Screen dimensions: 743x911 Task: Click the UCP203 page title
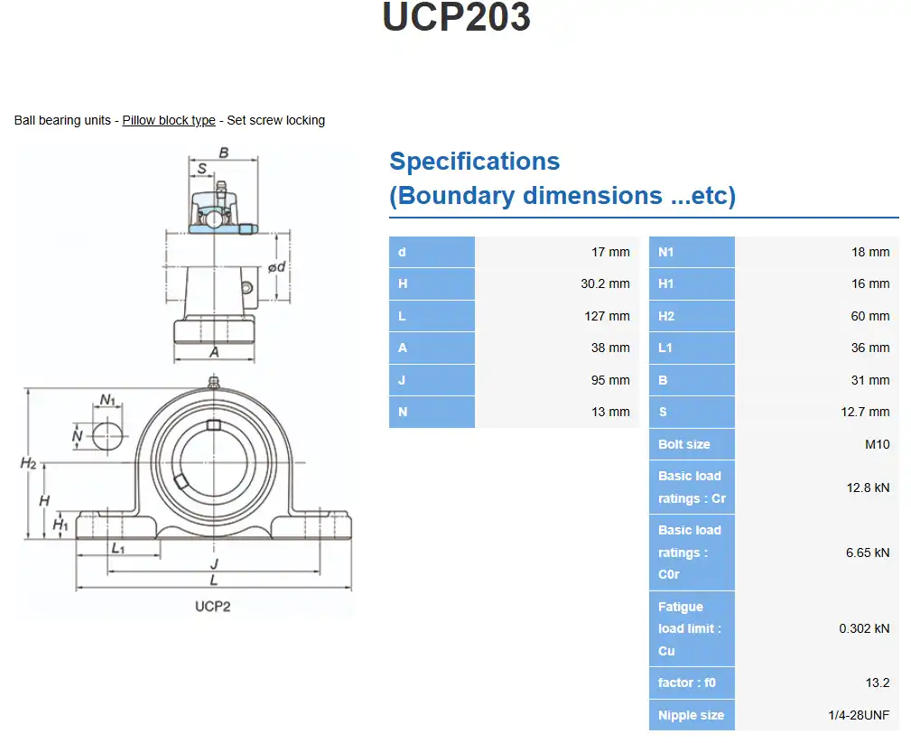coord(456,18)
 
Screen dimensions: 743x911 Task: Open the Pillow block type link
coord(169,120)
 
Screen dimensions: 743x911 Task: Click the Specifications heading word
coord(474,162)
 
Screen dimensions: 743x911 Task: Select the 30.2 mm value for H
coord(605,283)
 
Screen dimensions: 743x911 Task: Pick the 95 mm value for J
coord(610,380)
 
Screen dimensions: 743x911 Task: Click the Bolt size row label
coord(683,444)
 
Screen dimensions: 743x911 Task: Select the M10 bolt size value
coord(877,444)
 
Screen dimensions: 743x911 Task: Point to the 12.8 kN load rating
coord(868,488)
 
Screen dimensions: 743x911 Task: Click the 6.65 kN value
coord(868,553)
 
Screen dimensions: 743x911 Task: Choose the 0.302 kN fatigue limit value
coord(864,628)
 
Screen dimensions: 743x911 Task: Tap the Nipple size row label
coord(691,715)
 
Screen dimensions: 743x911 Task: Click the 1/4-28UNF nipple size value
coord(859,715)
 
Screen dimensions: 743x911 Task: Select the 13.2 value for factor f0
coord(877,683)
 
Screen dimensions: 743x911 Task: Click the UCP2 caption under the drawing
coord(212,606)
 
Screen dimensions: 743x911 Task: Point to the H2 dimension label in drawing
coord(29,463)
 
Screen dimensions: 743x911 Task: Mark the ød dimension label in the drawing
coord(277,266)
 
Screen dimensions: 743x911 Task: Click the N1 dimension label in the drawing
coord(108,399)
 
